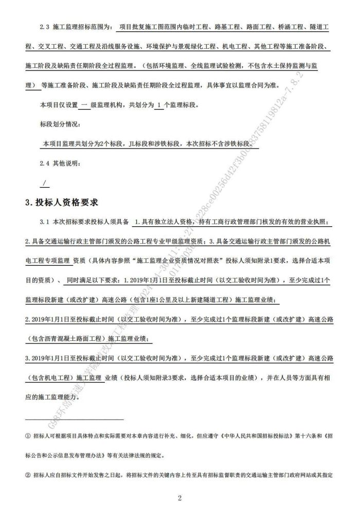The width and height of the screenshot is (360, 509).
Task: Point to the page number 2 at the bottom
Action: tap(179, 498)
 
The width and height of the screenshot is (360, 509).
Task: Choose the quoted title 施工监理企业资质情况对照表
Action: tap(180, 261)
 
